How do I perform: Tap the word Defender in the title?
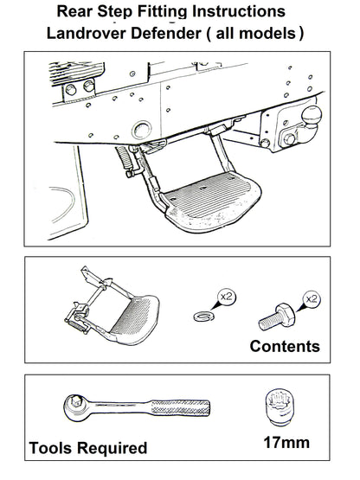tap(177, 34)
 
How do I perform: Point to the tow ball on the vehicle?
tap(309, 114)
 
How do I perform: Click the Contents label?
tap(284, 347)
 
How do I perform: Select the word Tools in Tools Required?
tap(55, 448)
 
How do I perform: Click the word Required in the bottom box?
tap(115, 448)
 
